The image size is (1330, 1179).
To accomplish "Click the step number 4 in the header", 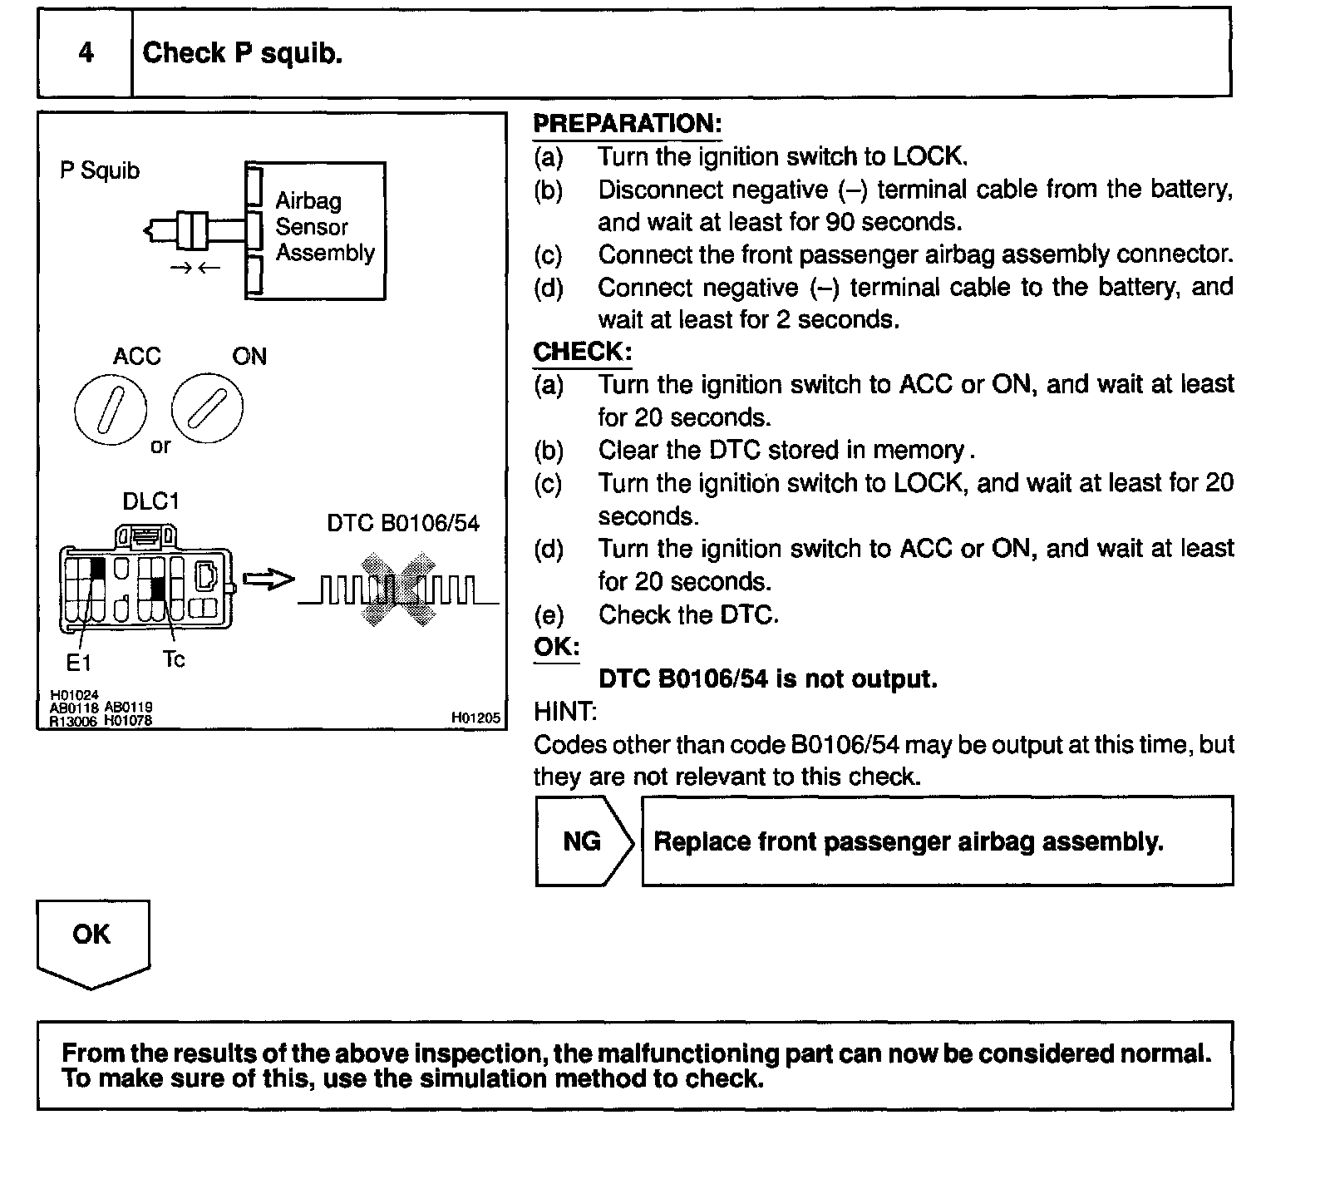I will tap(86, 52).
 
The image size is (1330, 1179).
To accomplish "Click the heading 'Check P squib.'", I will tap(243, 53).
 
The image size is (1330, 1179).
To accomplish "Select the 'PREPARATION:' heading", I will tap(627, 124).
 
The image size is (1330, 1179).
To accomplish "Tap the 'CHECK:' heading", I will tap(582, 352).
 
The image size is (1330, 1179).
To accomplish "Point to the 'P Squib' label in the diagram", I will tap(100, 170).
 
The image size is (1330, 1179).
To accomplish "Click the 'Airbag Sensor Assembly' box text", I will tap(324, 227).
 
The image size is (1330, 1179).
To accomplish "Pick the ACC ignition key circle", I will tap(111, 410).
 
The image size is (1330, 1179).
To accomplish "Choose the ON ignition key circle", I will tap(208, 407).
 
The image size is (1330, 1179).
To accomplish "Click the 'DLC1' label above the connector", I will tap(150, 501).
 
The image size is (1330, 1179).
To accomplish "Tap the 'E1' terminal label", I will tap(78, 663).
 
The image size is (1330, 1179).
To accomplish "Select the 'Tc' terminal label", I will tap(174, 659).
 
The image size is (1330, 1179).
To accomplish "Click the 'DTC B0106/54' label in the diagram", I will tap(403, 523).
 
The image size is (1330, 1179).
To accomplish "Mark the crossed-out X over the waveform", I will tap(398, 589).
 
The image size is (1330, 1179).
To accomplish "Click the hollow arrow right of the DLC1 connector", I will tap(268, 580).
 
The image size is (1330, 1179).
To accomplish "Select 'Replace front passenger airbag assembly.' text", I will tap(909, 841).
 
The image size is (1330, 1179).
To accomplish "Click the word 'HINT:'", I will tap(564, 712).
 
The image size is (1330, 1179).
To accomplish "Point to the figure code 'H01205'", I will tap(476, 718).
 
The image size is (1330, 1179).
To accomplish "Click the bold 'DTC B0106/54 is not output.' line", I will tap(767, 679).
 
